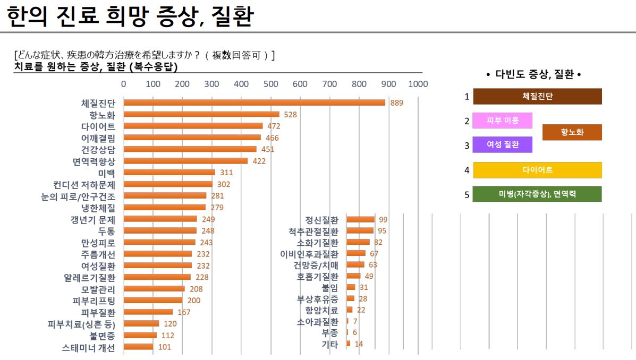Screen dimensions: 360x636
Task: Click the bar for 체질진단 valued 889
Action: (254, 102)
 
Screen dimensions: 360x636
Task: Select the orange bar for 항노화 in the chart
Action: (201, 114)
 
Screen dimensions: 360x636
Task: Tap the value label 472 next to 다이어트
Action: (274, 126)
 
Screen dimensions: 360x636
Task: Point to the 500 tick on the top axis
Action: (270, 84)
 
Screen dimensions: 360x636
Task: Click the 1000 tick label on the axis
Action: (418, 84)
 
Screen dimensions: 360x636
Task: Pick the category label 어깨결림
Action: (98, 138)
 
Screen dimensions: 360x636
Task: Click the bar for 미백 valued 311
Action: (169, 172)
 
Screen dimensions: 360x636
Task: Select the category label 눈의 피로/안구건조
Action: (85, 196)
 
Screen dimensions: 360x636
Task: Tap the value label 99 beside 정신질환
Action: (383, 219)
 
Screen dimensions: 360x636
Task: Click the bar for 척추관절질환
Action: (360, 230)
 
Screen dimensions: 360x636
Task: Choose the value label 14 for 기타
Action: (359, 344)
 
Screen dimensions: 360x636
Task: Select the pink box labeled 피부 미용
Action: (502, 121)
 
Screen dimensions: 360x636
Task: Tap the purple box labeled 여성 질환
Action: (502, 144)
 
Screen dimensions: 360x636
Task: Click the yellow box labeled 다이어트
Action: (537, 170)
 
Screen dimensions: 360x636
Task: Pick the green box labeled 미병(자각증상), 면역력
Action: (537, 194)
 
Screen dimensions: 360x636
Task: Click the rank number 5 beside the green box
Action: (467, 195)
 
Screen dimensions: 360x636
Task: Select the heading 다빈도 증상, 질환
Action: (533, 75)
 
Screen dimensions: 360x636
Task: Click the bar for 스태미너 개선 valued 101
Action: (138, 347)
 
